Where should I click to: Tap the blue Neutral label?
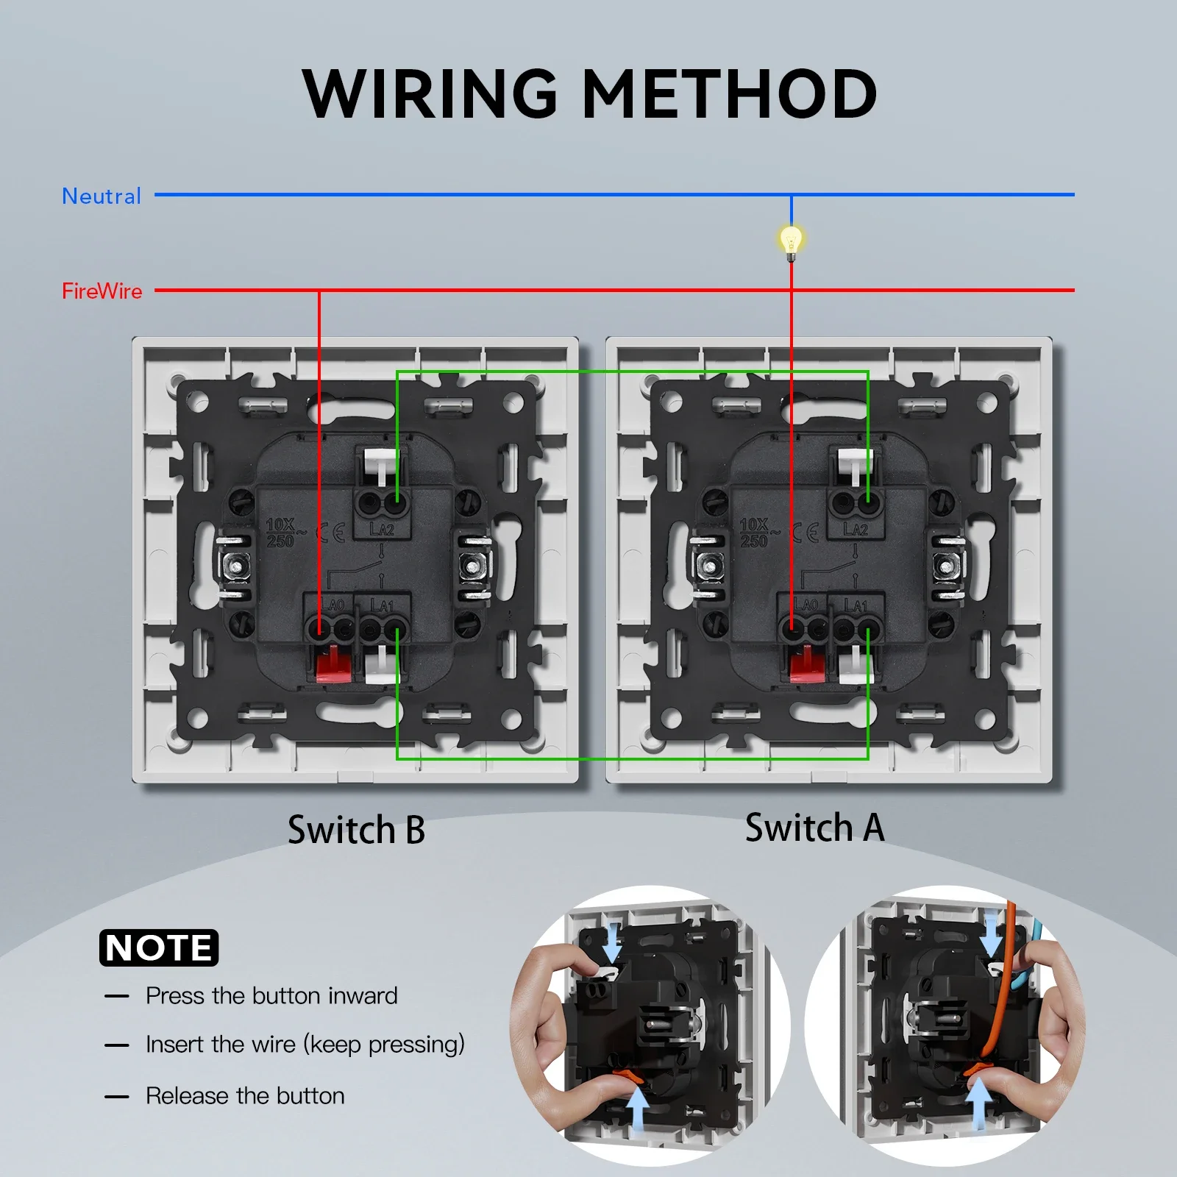[x=102, y=196]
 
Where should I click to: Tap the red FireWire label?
[x=102, y=291]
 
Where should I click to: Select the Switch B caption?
[x=356, y=830]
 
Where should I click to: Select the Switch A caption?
[x=814, y=828]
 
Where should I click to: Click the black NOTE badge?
[x=159, y=947]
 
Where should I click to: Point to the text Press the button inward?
[x=271, y=996]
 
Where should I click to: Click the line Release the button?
[x=245, y=1096]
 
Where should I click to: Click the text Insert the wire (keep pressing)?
[x=305, y=1045]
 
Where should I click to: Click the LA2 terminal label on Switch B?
[x=382, y=530]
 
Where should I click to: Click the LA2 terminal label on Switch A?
[x=856, y=530]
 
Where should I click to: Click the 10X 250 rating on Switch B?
[x=280, y=533]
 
